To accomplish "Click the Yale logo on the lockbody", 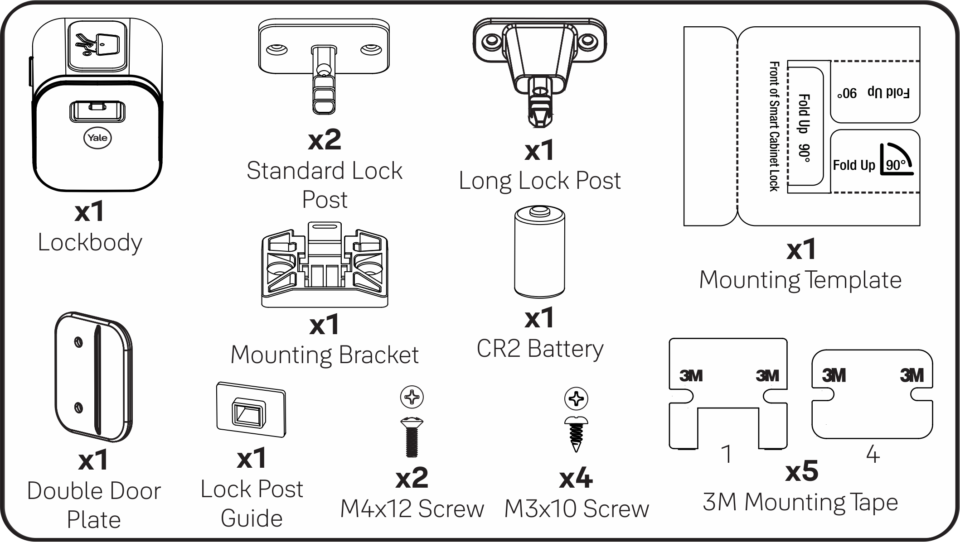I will pos(97,138).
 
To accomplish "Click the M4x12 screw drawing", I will pos(412,436).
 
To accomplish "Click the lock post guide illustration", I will pos(251,410).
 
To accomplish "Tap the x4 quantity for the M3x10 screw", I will pos(576,478).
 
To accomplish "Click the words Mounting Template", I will pos(800,280).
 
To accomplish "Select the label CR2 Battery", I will pos(539,349).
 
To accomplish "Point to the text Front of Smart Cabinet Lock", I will pos(774,126).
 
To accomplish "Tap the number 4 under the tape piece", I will pos(873,454).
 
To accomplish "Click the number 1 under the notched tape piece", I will pos(727,454).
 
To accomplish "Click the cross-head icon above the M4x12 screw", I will pos(412,398).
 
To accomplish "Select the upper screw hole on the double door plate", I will pos(78,342).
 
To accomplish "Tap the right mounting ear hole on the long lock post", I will pos(588,41).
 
